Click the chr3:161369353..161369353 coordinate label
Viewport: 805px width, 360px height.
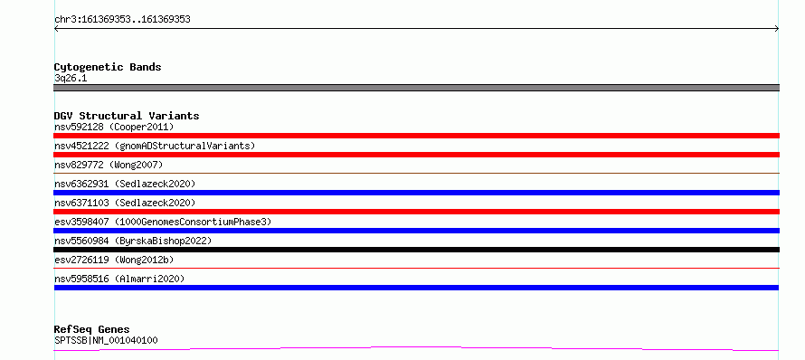[122, 20]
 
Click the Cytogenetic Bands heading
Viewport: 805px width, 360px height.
[108, 67]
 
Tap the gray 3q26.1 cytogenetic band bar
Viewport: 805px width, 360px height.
[416, 88]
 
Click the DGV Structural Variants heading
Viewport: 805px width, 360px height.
[127, 116]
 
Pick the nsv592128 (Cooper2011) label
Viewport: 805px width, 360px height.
[114, 127]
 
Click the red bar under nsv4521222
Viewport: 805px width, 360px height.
[416, 155]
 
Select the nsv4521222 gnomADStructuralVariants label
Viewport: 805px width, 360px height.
[155, 146]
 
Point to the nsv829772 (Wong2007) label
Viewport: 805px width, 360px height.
[109, 165]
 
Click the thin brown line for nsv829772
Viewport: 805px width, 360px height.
[416, 174]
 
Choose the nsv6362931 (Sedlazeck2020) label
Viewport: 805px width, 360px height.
[125, 184]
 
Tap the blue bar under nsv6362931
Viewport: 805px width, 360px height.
[416, 193]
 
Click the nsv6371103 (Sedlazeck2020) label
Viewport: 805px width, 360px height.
[125, 203]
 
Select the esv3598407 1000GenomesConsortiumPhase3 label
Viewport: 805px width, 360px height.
[163, 222]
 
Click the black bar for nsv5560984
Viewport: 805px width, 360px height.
[416, 250]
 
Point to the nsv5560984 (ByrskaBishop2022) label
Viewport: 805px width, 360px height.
[133, 241]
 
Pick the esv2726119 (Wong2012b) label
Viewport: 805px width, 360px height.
[114, 260]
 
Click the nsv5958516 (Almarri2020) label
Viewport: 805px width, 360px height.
[119, 279]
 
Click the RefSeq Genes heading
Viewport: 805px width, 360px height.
[92, 329]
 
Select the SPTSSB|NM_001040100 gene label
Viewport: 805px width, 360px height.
[106, 340]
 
